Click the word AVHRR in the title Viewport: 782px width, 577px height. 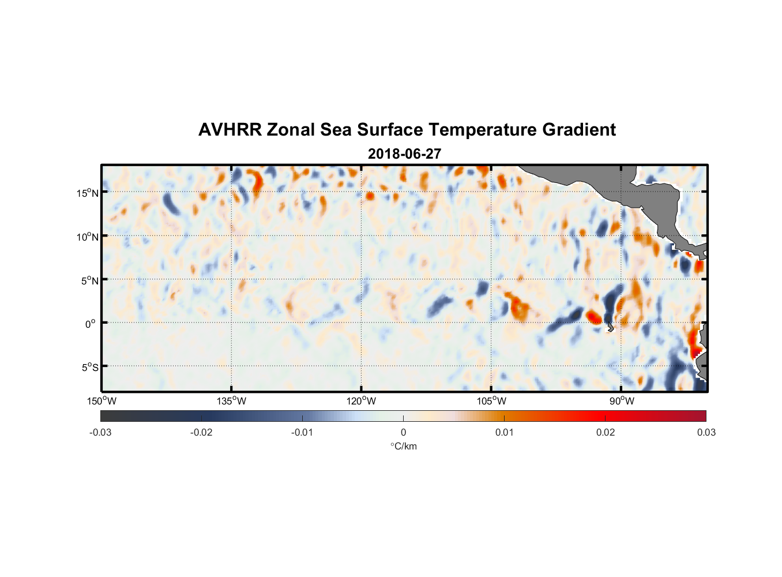[x=230, y=130]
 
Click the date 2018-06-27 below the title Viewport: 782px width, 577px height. [x=404, y=154]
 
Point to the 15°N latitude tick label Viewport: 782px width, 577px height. [x=87, y=193]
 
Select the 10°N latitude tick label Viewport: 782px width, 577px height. [x=87, y=237]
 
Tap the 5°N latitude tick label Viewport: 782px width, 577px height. [x=89, y=280]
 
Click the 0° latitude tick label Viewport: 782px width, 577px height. [x=91, y=324]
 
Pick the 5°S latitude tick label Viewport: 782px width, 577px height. [x=89, y=368]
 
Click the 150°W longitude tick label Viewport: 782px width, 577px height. [x=101, y=401]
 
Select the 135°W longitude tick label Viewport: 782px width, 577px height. [x=231, y=401]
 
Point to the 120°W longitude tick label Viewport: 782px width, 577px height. [x=361, y=401]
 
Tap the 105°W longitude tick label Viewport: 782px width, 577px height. [x=491, y=401]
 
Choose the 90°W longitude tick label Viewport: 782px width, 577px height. [x=622, y=401]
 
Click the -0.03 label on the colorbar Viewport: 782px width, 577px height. [x=100, y=432]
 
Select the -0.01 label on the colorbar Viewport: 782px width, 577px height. [x=302, y=432]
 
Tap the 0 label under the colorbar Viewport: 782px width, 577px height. [x=403, y=432]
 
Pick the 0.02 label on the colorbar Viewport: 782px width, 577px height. [x=606, y=432]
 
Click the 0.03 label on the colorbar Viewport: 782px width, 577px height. [x=706, y=432]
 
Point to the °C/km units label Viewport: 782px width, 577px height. [x=403, y=446]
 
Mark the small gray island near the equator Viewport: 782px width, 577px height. [x=610, y=328]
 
